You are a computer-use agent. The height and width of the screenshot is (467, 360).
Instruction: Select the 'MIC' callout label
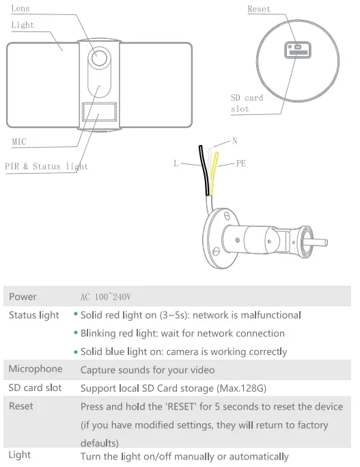(19, 142)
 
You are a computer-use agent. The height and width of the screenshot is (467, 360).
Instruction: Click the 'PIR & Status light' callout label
(46, 166)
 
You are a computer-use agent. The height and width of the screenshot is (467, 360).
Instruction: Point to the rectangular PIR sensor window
(100, 111)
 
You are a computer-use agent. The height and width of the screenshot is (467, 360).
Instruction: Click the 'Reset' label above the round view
(259, 9)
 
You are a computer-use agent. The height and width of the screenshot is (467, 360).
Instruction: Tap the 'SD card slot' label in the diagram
(247, 103)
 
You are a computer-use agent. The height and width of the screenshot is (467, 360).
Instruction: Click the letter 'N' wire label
(234, 141)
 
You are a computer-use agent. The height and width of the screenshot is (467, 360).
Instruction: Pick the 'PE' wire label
(240, 163)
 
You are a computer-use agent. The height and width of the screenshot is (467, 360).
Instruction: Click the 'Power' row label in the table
(23, 297)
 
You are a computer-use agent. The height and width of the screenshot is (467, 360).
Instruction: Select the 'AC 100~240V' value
(105, 297)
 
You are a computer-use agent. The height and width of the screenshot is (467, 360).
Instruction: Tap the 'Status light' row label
(33, 315)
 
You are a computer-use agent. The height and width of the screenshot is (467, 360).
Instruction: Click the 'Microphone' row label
(35, 369)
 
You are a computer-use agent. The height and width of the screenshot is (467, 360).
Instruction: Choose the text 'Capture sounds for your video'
(148, 370)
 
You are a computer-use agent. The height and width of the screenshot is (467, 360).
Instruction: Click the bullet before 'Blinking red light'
(76, 334)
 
